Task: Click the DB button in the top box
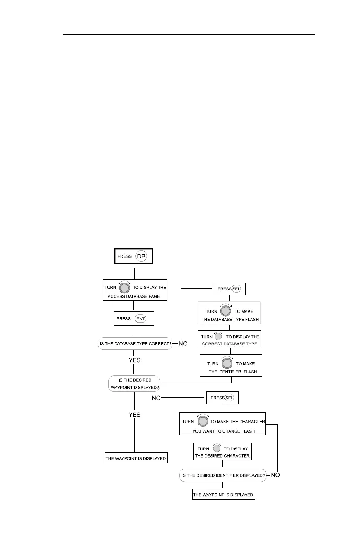(142, 256)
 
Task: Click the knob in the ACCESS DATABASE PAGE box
(125, 287)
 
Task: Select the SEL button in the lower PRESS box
(230, 397)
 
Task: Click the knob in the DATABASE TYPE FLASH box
(225, 311)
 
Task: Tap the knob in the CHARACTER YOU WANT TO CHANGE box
(202, 421)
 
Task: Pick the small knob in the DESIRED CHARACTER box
(216, 449)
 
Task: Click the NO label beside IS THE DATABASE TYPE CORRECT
(183, 344)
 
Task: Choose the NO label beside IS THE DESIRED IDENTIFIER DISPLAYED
(275, 475)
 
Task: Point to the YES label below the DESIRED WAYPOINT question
(134, 415)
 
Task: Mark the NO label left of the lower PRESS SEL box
(156, 398)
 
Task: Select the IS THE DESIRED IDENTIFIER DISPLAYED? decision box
(222, 475)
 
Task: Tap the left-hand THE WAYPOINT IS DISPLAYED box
(136, 458)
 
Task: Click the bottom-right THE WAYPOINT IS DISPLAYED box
(223, 495)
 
